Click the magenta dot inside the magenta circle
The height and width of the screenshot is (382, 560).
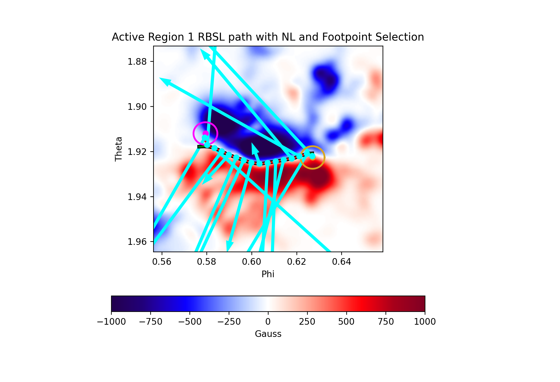pyautogui.click(x=206, y=133)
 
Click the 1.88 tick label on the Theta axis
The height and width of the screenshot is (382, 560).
pyautogui.click(x=137, y=62)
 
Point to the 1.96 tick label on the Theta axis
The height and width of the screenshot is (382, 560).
pyautogui.click(x=137, y=242)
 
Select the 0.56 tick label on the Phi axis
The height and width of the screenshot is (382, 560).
pyautogui.click(x=162, y=262)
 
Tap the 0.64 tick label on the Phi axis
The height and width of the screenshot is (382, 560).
pyautogui.click(x=341, y=262)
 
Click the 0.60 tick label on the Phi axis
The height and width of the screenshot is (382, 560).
pyautogui.click(x=251, y=262)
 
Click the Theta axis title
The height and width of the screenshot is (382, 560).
pyautogui.click(x=118, y=149)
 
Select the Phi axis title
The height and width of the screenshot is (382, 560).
pyautogui.click(x=268, y=274)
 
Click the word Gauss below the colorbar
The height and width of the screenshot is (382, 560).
pyautogui.click(x=268, y=334)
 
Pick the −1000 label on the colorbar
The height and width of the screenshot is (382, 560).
pyautogui.click(x=111, y=322)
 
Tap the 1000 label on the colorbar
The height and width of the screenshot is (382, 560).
pyautogui.click(x=425, y=322)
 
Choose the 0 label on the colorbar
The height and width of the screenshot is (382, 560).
pyautogui.click(x=268, y=322)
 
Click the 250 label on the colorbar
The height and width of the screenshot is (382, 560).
pyautogui.click(x=307, y=322)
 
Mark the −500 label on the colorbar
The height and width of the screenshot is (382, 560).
pyautogui.click(x=190, y=322)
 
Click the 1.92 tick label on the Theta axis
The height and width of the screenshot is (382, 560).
pyautogui.click(x=137, y=152)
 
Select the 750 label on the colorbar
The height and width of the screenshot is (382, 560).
pyautogui.click(x=386, y=322)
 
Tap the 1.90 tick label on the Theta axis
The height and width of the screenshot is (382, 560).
pyautogui.click(x=137, y=107)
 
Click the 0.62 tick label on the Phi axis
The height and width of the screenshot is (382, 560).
pyautogui.click(x=296, y=262)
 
